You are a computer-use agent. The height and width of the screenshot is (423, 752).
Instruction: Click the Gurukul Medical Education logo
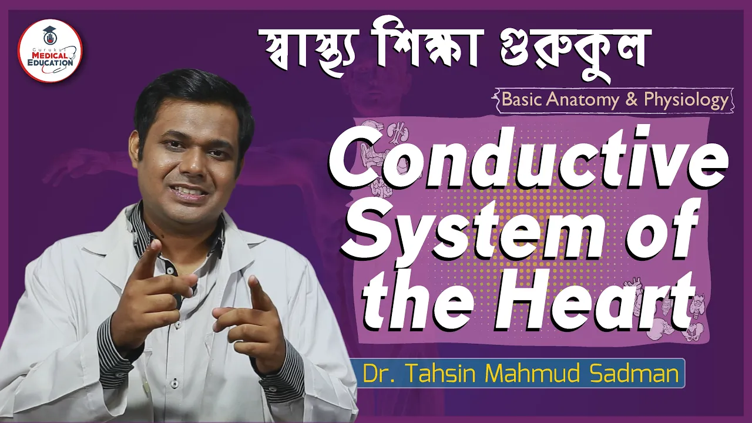coord(50,51)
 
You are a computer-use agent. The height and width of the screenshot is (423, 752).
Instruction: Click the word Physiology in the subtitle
coord(686,100)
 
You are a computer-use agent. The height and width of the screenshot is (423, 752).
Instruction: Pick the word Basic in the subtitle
coord(522,100)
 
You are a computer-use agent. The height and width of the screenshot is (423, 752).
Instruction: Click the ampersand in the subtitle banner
coord(632,100)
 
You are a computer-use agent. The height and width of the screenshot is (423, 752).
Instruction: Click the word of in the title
coord(658,231)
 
